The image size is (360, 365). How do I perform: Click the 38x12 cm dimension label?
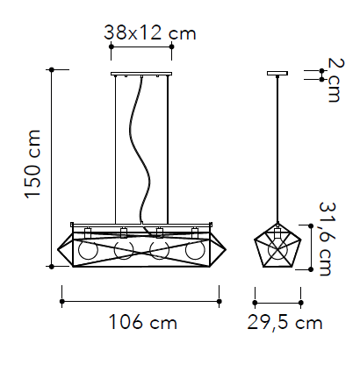coord(149,32)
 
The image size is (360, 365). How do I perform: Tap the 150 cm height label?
coord(32,164)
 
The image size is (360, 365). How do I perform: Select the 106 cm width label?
coord(142,322)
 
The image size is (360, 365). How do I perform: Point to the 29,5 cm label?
coord(284,323)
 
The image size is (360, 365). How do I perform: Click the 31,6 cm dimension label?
coord(328,239)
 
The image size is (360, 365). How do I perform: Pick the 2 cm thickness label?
coord(335,80)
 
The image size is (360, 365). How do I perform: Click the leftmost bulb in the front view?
coord(88,250)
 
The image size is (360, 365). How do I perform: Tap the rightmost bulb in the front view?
coord(195,250)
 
